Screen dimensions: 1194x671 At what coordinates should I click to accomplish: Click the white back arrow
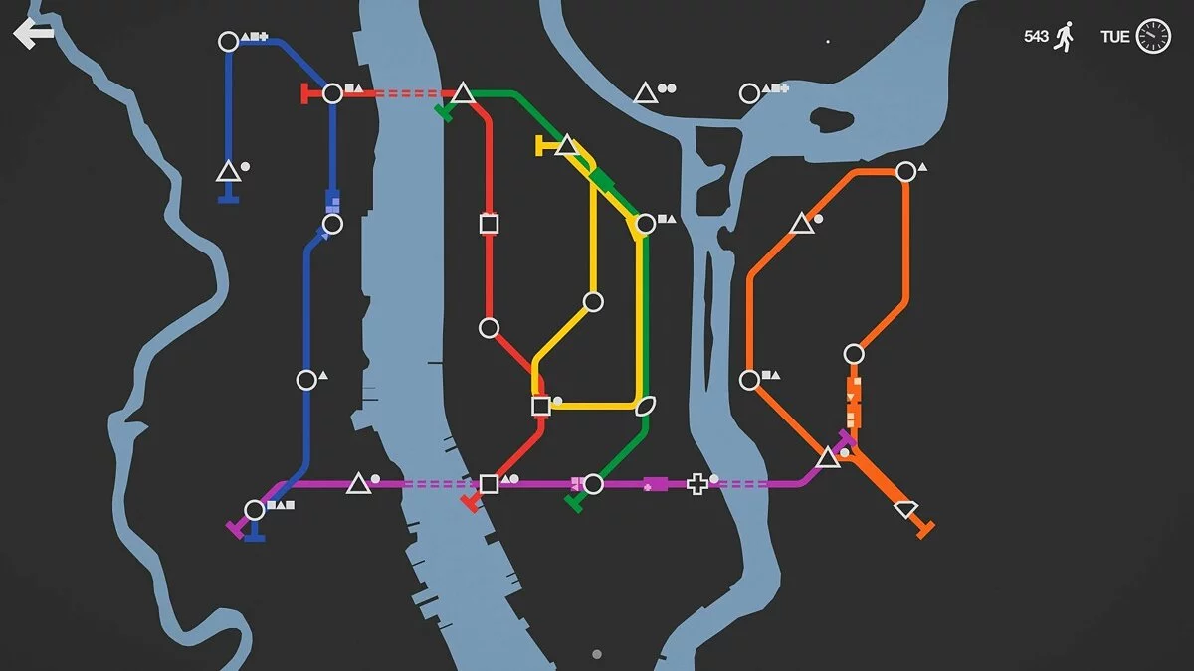33,35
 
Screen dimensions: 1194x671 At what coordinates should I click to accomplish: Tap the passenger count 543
1036,36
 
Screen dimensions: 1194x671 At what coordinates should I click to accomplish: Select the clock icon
1153,36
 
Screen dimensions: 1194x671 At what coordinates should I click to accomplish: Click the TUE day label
1114,37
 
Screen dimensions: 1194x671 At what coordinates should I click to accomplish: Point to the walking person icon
1065,36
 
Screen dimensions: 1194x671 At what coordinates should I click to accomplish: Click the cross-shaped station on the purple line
698,484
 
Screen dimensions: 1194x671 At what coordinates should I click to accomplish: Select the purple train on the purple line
654,484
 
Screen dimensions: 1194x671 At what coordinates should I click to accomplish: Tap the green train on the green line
602,180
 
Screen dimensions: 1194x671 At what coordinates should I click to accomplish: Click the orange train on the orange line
854,402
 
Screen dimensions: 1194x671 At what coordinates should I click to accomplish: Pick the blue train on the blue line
332,199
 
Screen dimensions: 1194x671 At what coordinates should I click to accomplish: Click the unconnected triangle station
645,94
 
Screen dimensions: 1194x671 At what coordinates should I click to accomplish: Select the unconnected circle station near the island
749,94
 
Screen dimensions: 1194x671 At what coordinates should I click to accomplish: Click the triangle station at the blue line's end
228,172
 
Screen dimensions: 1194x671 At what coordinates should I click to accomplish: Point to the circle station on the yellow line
593,301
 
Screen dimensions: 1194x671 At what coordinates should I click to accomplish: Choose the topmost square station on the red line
489,224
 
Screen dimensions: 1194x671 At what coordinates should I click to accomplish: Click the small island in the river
832,119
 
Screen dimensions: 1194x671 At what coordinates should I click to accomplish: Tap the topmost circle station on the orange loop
905,171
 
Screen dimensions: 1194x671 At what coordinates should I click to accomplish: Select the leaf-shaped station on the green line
646,405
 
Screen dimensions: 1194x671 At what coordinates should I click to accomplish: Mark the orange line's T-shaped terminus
925,528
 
